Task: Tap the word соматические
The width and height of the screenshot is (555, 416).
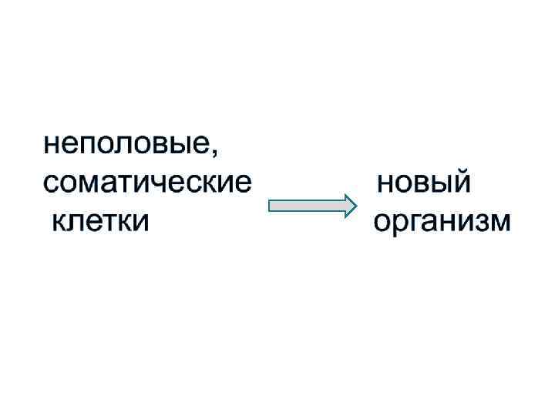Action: coord(147,183)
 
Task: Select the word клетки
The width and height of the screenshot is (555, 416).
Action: coord(99,222)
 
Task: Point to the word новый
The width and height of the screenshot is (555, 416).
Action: coord(424,183)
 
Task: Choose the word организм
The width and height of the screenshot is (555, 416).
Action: coord(442,223)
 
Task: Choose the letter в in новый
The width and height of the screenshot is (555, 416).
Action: coord(422,184)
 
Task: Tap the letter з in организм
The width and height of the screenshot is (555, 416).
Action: coord(481,223)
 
